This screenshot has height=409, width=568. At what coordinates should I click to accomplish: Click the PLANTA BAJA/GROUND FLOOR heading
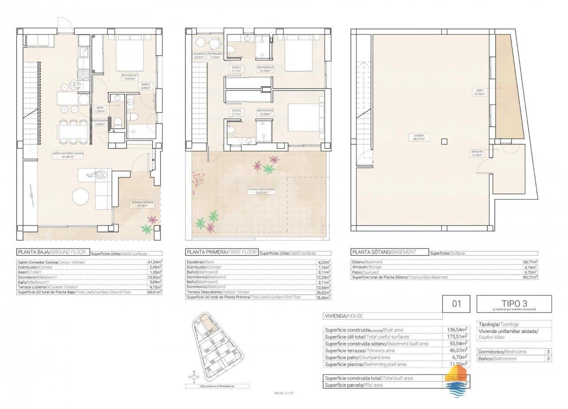(51, 252)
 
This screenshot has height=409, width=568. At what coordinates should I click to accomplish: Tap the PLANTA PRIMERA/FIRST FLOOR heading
(221, 252)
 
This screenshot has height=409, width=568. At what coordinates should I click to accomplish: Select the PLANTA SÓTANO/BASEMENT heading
(383, 252)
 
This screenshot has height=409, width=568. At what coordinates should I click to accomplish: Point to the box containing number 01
(457, 305)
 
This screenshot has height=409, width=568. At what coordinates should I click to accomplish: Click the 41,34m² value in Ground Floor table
(154, 262)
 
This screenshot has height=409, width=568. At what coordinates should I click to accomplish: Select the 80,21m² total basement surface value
(530, 277)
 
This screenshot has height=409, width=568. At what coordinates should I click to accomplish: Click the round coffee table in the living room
(82, 197)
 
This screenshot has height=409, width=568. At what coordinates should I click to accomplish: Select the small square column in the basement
(444, 141)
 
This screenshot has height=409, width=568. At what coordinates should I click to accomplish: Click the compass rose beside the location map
(193, 377)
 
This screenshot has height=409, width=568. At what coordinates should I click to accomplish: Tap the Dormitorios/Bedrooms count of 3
(548, 351)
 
